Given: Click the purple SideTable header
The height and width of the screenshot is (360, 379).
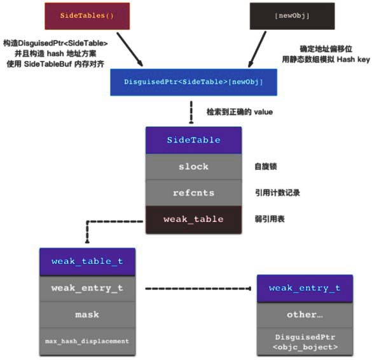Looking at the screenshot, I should click(193, 140).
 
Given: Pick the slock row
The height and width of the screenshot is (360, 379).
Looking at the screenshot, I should click(193, 166).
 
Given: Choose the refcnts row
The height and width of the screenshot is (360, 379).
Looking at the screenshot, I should click(193, 193).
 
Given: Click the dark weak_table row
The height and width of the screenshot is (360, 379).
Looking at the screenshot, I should click(193, 219).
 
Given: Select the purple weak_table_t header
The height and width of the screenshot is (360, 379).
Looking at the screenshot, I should click(86, 261).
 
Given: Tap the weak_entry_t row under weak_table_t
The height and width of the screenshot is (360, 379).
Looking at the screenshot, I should click(86, 287).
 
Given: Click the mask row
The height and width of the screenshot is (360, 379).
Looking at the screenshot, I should click(86, 314).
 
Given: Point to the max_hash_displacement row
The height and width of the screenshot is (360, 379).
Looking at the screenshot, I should click(86, 341).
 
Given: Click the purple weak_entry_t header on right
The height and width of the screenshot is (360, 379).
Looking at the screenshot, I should click(305, 288).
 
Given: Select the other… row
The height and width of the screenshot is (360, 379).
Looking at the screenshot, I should click(305, 314).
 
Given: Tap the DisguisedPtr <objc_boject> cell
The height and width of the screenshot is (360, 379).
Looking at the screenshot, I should click(305, 342).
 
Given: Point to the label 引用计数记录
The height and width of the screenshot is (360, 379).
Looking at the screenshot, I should click(274, 193).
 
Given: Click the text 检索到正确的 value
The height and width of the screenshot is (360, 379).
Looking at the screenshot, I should click(239, 113).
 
